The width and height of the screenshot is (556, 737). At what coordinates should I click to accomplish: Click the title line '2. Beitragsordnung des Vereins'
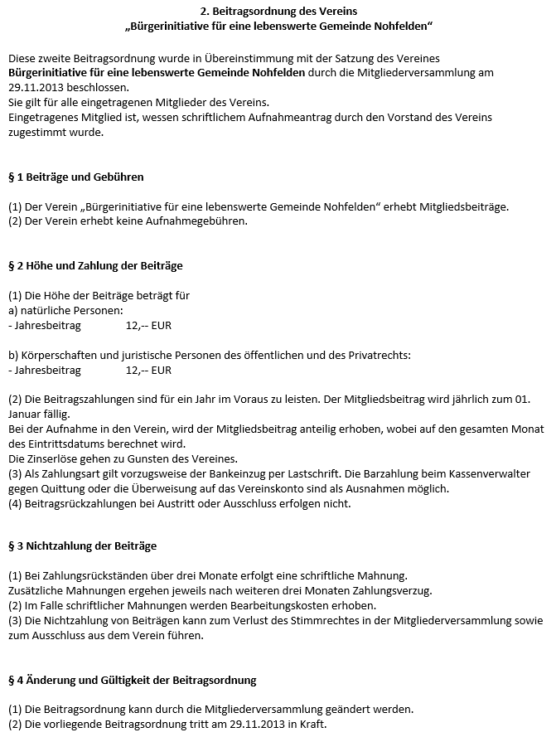coord(278,12)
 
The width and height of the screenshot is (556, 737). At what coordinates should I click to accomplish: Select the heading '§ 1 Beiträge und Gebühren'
coord(75,177)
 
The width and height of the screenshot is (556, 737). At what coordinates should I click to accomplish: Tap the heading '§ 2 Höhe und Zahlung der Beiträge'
coord(95,265)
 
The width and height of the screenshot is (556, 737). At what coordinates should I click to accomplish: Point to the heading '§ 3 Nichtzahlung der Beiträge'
coord(82,546)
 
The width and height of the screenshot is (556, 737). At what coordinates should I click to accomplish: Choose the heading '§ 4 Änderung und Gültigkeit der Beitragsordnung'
coord(132,680)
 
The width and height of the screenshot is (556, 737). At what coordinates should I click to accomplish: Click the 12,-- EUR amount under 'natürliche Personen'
coord(148,325)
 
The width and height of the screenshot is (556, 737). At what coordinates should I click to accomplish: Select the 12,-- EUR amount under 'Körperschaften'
coord(148,370)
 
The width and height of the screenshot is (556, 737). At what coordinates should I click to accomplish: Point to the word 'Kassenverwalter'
coord(501,473)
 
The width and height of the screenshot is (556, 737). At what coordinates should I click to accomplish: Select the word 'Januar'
coord(27,414)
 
